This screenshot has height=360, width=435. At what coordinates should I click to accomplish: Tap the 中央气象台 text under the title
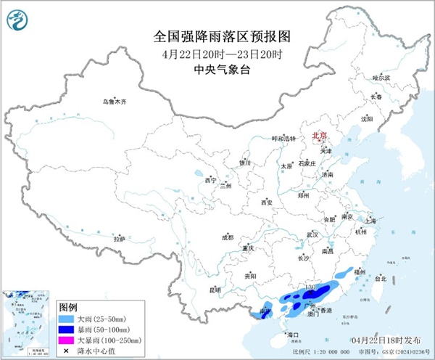[217, 70]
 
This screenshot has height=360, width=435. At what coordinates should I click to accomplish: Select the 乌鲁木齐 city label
[115, 102]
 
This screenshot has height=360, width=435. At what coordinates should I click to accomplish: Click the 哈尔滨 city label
[381, 77]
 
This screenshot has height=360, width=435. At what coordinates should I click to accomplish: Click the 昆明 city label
[215, 290]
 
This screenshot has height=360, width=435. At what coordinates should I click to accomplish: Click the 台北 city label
[381, 277]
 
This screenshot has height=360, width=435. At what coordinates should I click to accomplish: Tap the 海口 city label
[294, 335]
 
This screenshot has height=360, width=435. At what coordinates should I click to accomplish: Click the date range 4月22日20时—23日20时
[217, 54]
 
